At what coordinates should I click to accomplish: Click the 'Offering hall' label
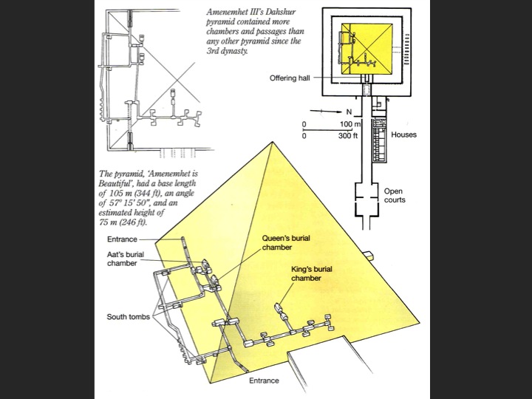click(290, 78)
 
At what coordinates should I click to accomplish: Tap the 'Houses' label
click(403, 134)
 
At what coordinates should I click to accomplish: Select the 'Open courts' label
click(395, 195)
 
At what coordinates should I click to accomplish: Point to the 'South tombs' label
click(129, 317)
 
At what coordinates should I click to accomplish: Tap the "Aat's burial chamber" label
click(126, 259)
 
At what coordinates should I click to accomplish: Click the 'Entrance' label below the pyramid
click(264, 381)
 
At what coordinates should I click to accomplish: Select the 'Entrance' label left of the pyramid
click(122, 239)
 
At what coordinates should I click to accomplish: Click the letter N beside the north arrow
click(349, 112)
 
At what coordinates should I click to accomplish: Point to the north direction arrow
click(326, 111)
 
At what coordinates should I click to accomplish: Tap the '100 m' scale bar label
click(350, 124)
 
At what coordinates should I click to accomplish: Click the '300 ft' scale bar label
click(348, 136)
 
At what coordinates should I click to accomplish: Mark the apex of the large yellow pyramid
click(273, 142)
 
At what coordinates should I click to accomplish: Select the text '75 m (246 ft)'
click(123, 222)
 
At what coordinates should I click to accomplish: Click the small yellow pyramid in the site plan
click(367, 49)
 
